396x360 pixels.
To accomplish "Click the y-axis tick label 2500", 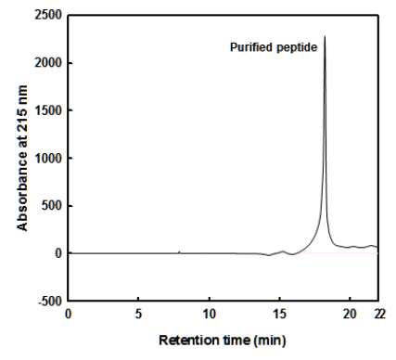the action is tap(49, 15).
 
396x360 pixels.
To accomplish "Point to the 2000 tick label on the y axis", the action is tap(49, 63).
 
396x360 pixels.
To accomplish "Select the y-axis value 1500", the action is tap(49, 110).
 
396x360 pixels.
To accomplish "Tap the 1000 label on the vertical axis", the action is tap(49, 158).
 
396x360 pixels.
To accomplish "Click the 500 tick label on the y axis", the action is tap(52, 206).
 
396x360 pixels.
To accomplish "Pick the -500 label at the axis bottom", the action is tap(50, 301).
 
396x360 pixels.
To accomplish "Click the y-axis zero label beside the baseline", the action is tap(58, 253).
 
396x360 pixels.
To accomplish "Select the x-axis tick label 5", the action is tap(138, 315).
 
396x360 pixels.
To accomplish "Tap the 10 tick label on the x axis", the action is tap(210, 315).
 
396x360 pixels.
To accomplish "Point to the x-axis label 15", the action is tap(280, 315).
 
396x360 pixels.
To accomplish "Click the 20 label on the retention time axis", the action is tap(350, 315).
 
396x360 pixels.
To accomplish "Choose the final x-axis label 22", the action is tap(380, 315).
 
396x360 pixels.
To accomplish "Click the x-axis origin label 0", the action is tap(69, 315).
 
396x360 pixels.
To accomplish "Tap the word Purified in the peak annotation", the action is tap(251, 47).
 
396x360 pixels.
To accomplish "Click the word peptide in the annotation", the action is tap(297, 48).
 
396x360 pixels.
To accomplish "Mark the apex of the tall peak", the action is tap(325, 36).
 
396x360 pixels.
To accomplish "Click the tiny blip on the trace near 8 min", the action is tap(179, 251).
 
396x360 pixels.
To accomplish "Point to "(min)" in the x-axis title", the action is tap(270, 341).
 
